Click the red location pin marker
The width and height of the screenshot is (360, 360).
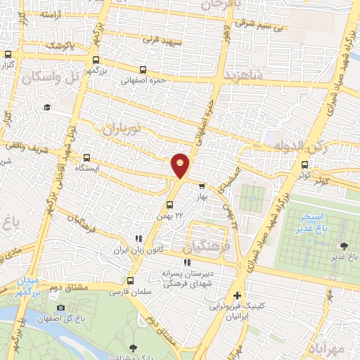click(x=181, y=165)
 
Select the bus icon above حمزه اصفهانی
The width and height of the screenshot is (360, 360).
click(x=143, y=70)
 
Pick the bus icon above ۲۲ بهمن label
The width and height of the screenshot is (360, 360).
click(x=169, y=205)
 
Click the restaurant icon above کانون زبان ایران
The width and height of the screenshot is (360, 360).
click(x=139, y=239)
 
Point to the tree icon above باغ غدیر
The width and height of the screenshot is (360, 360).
click(x=343, y=245)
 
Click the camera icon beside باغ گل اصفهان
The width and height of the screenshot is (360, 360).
click(x=60, y=308)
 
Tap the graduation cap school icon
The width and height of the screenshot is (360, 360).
click(x=47, y=107)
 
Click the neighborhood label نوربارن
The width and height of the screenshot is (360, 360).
click(x=123, y=129)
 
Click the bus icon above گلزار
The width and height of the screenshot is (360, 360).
click(x=8, y=54)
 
